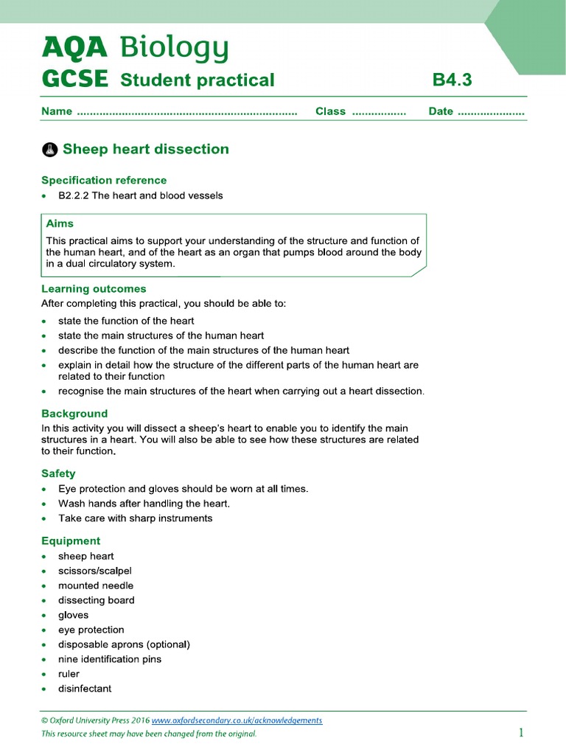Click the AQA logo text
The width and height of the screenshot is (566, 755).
pos(74,49)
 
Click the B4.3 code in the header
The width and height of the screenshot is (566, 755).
pos(452,80)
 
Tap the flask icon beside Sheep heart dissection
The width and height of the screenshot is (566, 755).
pos(49,150)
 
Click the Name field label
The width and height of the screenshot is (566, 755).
pos(57,111)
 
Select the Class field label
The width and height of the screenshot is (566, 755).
pos(330,111)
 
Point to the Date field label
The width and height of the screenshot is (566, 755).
pos(441,111)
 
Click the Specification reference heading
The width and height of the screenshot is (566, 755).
pos(104,180)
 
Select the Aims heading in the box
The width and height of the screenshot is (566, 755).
pos(60,223)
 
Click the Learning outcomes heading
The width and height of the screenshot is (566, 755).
pos(94,289)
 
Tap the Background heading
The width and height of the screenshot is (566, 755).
pos(74,414)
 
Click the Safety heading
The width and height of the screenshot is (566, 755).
pos(58,473)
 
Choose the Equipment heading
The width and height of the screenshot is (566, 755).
pos(71,540)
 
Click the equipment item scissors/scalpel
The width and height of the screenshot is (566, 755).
pos(95,571)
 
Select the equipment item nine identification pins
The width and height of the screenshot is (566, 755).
pos(110,659)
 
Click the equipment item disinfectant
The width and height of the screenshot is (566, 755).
pos(85,689)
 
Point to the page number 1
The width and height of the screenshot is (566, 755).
pos(520,732)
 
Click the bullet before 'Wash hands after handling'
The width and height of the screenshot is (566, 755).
pos(46,504)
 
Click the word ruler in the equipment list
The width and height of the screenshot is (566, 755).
pos(69,674)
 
